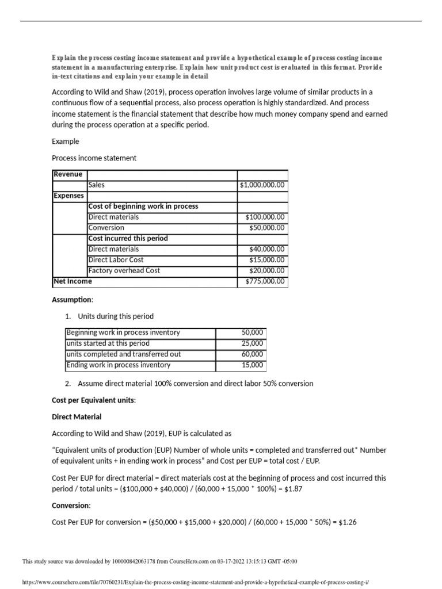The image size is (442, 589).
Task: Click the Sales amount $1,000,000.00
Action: [262, 185]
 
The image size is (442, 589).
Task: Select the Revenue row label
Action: [68, 174]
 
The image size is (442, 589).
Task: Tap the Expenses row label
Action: [68, 196]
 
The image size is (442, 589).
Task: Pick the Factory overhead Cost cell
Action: [124, 270]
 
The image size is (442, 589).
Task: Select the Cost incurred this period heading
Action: [128, 238]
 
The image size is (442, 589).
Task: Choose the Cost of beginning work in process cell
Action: [143, 206]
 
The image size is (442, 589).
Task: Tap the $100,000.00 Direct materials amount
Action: [264, 217]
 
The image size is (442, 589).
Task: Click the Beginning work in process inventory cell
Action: [123, 332]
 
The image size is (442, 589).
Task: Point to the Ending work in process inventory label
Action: [119, 365]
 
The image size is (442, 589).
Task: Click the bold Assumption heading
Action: [72, 300]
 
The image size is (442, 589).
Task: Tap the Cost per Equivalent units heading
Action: [94, 400]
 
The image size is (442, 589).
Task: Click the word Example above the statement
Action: [66, 141]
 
